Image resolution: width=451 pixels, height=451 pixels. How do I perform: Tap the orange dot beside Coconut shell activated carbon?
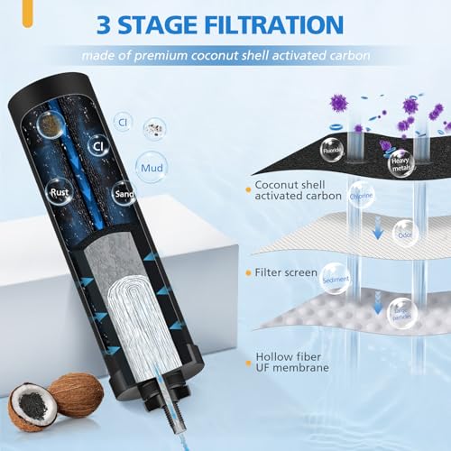click(x=247, y=189)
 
